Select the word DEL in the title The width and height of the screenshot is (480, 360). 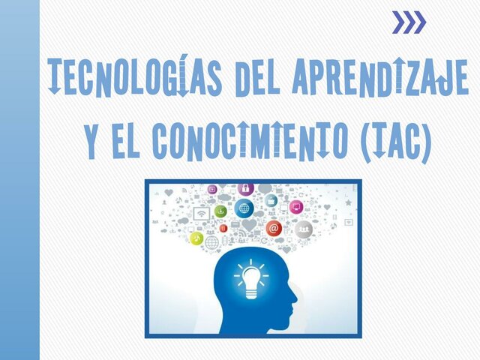pyautogui.click(x=255, y=76)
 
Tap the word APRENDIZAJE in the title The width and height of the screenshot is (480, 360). pyautogui.click(x=379, y=76)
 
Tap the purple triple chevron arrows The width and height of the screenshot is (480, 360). pyautogui.click(x=409, y=22)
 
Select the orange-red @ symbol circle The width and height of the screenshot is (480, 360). pyautogui.click(x=273, y=228)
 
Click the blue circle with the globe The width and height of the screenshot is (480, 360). pyautogui.click(x=243, y=208)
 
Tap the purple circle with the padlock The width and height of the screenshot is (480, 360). pyautogui.click(x=245, y=188)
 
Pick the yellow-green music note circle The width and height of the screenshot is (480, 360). pyautogui.click(x=196, y=238)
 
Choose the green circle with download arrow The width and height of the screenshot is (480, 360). pyautogui.click(x=220, y=211)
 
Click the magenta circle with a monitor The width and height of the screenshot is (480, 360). pyautogui.click(x=296, y=206)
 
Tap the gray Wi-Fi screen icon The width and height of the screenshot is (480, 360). pyautogui.click(x=201, y=214)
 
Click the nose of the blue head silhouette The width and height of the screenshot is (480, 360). pyautogui.click(x=296, y=305)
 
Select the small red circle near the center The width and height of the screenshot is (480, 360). pyautogui.click(x=223, y=227)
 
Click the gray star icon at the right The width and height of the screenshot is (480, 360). pyautogui.click(x=348, y=202)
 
